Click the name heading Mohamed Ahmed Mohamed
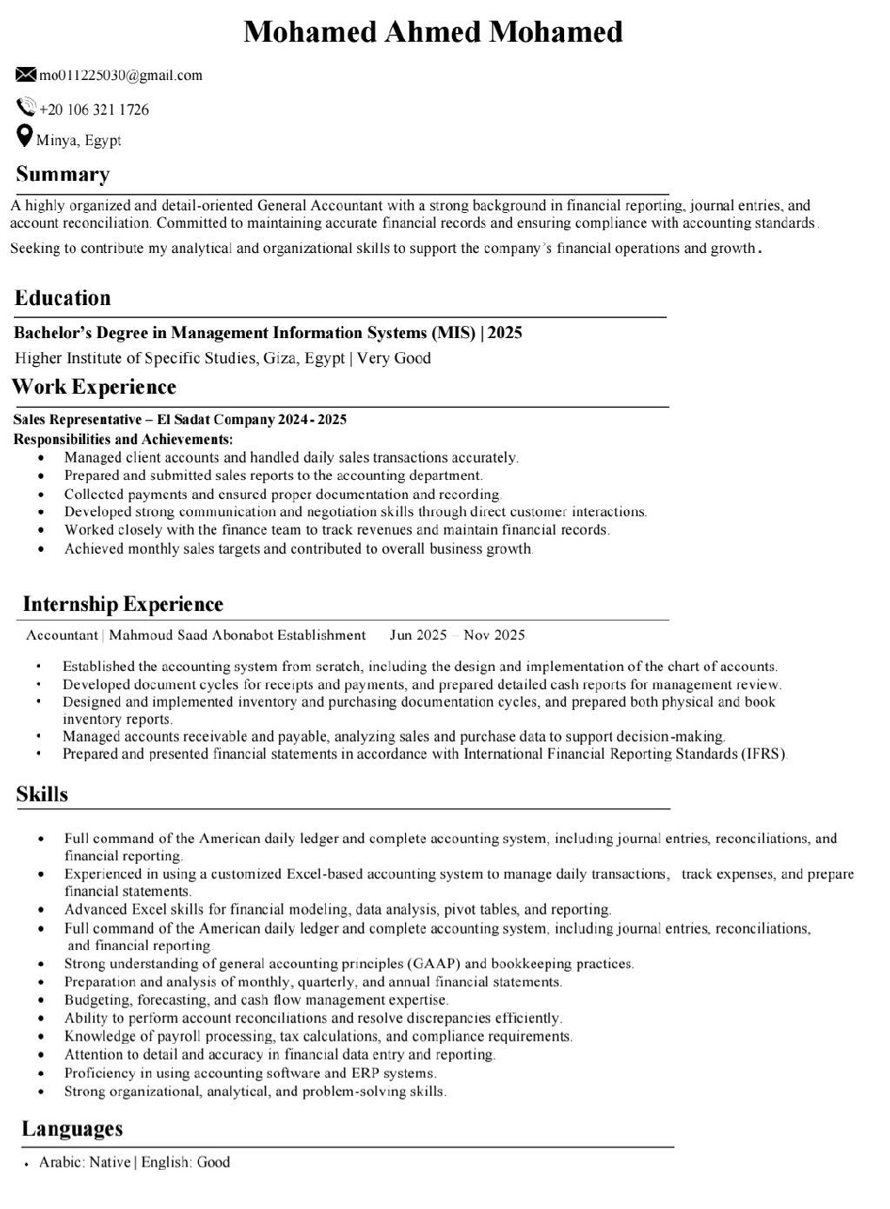click(x=433, y=32)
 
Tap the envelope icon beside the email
click(x=26, y=75)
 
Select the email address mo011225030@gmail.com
click(x=121, y=75)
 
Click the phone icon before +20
click(x=26, y=108)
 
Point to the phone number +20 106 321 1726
click(x=94, y=110)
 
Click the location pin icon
click(x=25, y=136)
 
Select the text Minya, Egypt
click(x=79, y=140)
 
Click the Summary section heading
click(x=63, y=175)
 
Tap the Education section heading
click(x=63, y=298)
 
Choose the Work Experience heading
click(x=94, y=387)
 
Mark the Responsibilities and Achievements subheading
click(x=123, y=439)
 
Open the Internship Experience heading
click(x=123, y=604)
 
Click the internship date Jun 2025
click(x=418, y=634)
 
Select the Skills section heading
click(x=42, y=794)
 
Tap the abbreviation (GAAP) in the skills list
click(x=433, y=963)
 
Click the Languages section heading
click(x=72, y=1129)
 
